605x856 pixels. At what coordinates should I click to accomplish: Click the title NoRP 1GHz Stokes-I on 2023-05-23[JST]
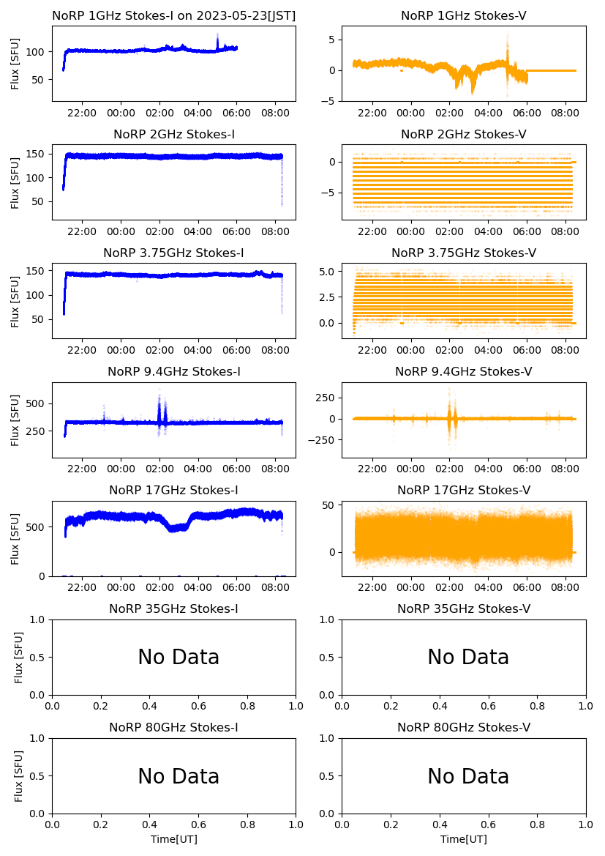(173, 15)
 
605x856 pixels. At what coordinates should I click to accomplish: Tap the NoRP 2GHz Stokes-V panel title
(463, 134)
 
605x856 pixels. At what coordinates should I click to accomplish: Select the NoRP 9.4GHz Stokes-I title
(173, 371)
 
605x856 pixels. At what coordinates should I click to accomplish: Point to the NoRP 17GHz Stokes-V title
(463, 490)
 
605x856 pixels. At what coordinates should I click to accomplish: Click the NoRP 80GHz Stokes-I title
(173, 727)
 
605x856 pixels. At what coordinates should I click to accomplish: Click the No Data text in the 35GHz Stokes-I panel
(179, 658)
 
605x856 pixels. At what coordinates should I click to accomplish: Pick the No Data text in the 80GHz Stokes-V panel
(468, 776)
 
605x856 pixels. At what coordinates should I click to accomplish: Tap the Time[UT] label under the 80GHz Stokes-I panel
(173, 839)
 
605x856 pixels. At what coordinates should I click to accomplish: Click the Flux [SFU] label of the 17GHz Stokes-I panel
(15, 539)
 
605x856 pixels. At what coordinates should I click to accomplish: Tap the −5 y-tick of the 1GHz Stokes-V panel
(331, 101)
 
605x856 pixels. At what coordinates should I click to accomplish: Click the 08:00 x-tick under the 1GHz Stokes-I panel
(276, 113)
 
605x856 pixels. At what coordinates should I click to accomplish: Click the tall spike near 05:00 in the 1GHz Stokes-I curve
(217, 38)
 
